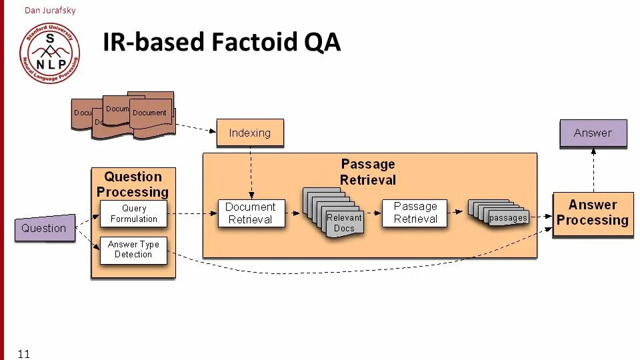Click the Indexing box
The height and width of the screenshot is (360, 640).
coord(250,133)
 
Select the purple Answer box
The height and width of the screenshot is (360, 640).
coord(593,133)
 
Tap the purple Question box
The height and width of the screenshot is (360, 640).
coord(45,228)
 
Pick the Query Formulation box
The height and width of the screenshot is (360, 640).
coord(133,213)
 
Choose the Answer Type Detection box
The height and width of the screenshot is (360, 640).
coord(133,250)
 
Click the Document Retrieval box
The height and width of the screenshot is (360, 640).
coord(251,213)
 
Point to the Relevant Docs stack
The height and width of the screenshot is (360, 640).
coord(333,212)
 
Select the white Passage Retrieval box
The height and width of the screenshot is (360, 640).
coord(415,213)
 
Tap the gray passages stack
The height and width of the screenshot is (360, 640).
coord(499,213)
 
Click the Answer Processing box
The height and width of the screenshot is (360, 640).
coord(593,214)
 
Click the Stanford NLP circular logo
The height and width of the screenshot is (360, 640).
coord(50,53)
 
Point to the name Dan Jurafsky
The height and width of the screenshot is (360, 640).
coord(50,10)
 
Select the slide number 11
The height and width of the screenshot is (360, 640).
coord(24,354)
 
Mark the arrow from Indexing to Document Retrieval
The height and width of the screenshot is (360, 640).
coord(251,173)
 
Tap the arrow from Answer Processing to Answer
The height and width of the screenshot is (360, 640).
coord(593,170)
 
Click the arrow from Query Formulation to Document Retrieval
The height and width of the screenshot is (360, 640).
coord(192,213)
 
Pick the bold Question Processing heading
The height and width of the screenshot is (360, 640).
coord(133,184)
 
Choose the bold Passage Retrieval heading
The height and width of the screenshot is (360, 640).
coord(368,172)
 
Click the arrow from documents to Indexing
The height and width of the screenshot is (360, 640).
coord(195,128)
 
